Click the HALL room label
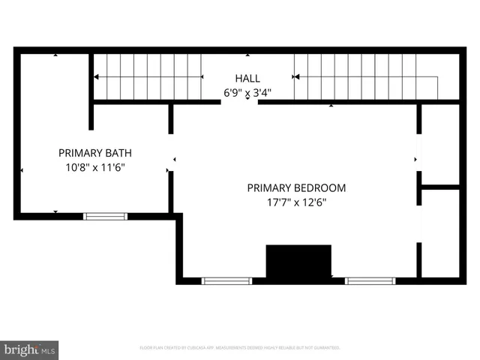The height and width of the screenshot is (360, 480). point(247,78)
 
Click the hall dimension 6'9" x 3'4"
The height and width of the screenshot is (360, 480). point(247,93)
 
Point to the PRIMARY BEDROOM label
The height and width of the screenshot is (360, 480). point(296,187)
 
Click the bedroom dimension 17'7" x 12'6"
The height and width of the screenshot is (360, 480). point(296,202)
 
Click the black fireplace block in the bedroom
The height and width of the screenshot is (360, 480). point(298,262)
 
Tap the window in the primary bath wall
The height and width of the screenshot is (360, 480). point(105,216)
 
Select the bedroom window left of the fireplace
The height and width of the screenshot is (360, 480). point(227,280)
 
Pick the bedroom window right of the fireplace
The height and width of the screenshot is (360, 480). point(370,280)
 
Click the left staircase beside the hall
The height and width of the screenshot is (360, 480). point(148,76)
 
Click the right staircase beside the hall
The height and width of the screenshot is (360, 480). point(365,76)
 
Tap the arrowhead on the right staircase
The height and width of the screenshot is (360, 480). point(297,76)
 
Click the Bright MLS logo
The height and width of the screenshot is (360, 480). point(30,349)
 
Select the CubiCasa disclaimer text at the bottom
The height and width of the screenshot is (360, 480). point(240,348)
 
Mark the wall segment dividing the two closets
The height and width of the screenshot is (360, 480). point(440,186)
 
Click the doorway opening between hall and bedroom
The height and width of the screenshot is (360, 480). point(240,103)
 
